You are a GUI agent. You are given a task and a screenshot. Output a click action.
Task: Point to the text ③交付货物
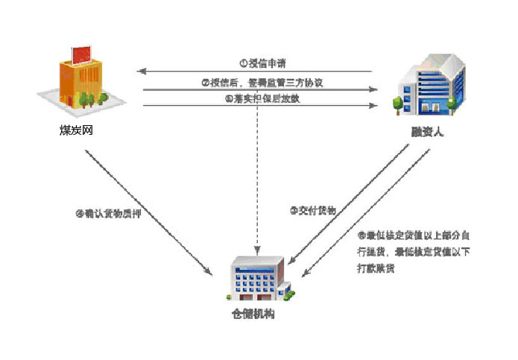[313, 211]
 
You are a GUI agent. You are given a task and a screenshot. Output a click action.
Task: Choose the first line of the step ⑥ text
[413, 236]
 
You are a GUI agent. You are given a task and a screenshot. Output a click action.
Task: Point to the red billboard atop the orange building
[80, 53]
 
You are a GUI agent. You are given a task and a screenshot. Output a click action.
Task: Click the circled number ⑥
[361, 236]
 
